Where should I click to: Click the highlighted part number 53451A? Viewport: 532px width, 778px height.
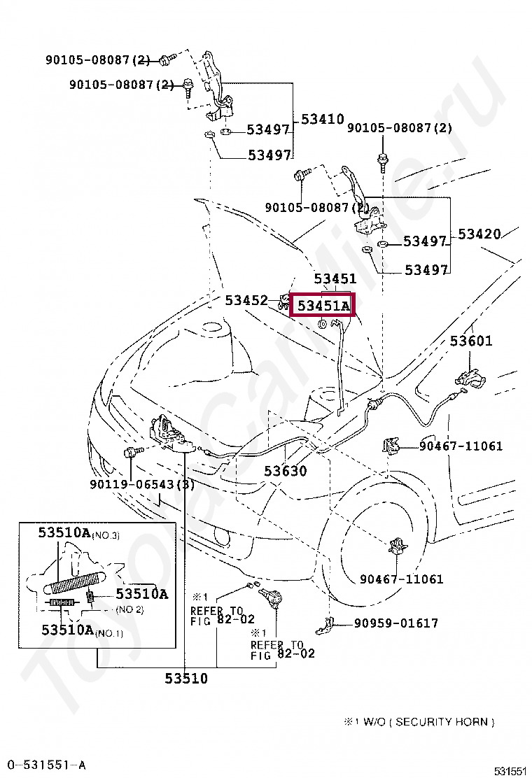pos(323,306)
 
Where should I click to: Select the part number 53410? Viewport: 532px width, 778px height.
pos(323,120)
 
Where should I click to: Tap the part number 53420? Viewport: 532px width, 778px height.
pos(479,234)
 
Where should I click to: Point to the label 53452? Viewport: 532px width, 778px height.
pos(246,300)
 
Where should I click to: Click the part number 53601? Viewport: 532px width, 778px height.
pos(470,341)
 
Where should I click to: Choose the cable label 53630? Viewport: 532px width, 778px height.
pos(285,472)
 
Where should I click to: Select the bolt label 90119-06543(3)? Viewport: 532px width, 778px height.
pos(142,484)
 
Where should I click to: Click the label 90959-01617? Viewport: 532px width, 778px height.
pos(395,623)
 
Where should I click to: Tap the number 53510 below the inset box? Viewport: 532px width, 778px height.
pos(186,678)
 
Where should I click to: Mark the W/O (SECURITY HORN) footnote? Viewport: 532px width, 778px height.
pos(419,721)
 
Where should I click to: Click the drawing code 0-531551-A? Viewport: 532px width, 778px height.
pos(46,765)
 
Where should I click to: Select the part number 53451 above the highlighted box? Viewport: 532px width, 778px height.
pos(335,279)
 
